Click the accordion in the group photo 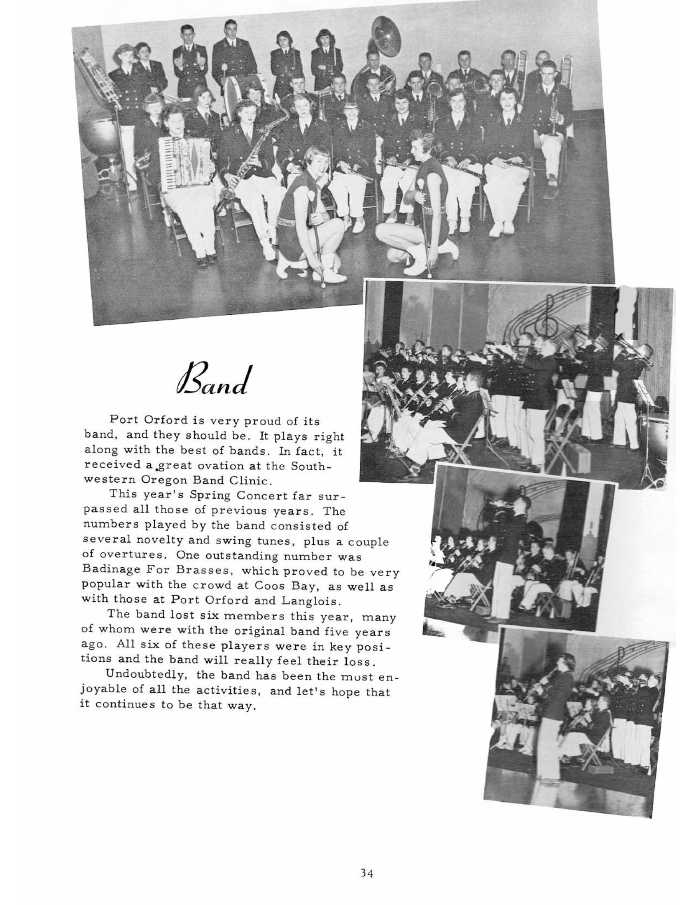point(185,164)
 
